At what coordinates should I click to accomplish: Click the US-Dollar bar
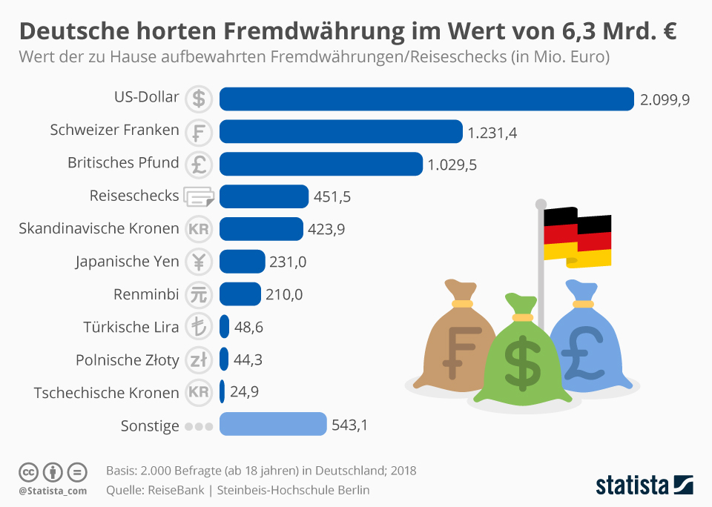[x=426, y=99]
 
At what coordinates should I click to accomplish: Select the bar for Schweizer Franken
[x=341, y=131]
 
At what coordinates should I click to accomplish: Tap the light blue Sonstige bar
[x=273, y=425]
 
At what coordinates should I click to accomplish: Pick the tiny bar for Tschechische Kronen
[x=222, y=391]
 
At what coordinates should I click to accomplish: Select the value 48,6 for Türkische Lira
[x=248, y=327]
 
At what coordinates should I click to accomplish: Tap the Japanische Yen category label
[x=127, y=262]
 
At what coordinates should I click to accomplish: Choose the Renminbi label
[x=146, y=294]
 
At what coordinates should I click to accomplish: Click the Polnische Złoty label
[x=127, y=359]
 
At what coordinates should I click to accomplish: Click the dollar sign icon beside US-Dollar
[x=199, y=99]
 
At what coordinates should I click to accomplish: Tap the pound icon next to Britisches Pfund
[x=199, y=164]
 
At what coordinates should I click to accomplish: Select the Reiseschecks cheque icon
[x=199, y=196]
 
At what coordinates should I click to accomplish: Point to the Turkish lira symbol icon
[x=199, y=327]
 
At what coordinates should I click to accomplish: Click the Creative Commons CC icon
[x=28, y=471]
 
